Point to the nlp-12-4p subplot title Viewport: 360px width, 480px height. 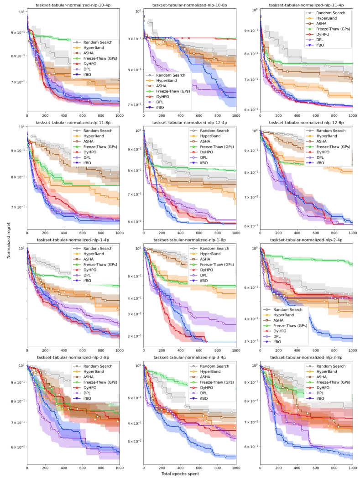[189, 122]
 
